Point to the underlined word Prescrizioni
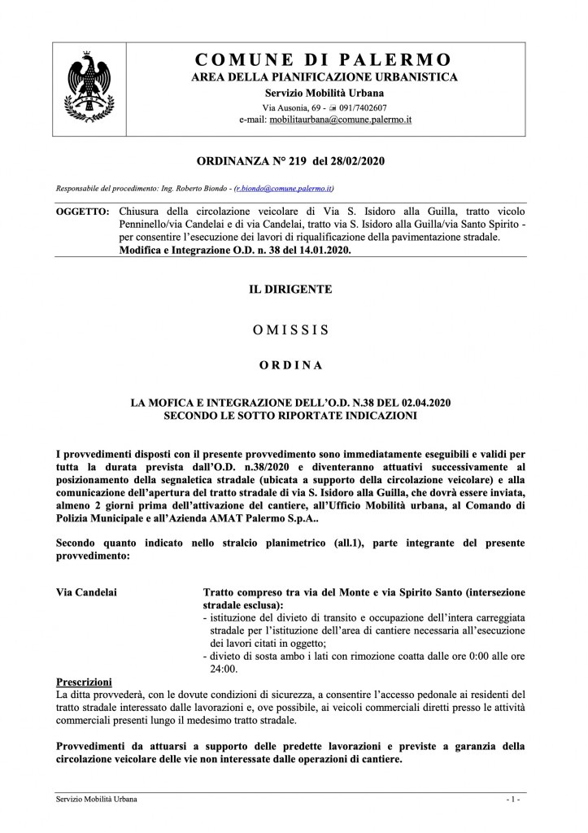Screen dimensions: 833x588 coord(84,681)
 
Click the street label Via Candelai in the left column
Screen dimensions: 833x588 coord(85,592)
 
